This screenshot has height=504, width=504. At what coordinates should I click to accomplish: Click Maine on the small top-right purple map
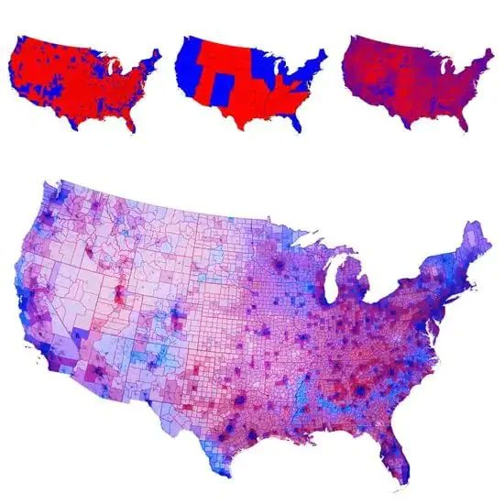pyautogui.click(x=484, y=49)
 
